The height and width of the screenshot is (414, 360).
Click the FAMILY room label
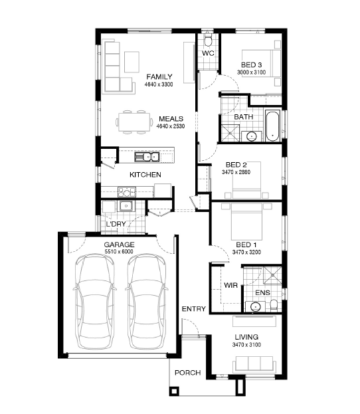[159, 77]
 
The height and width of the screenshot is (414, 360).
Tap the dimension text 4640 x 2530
[171, 126]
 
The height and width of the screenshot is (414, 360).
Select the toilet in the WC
[209, 39]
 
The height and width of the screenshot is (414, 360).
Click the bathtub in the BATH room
[272, 126]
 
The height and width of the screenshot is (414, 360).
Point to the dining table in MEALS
[134, 122]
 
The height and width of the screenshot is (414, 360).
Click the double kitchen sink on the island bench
[147, 157]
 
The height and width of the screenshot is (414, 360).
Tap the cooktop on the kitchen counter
[127, 192]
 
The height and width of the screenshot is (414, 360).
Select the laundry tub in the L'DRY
[126, 206]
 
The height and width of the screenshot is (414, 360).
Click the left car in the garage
[94, 302]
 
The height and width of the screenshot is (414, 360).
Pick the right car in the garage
[147, 302]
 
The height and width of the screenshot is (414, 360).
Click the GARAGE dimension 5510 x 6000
[119, 252]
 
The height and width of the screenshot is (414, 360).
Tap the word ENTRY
[194, 308]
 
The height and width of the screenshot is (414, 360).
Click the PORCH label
[188, 373]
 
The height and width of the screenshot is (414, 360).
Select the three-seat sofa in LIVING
[254, 364]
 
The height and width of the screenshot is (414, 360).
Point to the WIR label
[230, 285]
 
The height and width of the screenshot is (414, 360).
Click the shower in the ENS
[272, 275]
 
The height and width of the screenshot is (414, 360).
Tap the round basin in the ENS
[256, 307]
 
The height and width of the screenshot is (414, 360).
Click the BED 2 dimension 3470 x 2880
[236, 172]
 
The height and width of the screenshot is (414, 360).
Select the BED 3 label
[251, 64]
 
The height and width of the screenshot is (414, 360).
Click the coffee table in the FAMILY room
[132, 62]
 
